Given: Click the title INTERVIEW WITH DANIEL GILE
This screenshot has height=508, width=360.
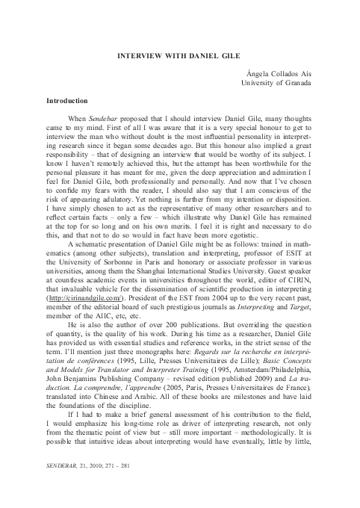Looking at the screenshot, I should [x=179, y=55].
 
